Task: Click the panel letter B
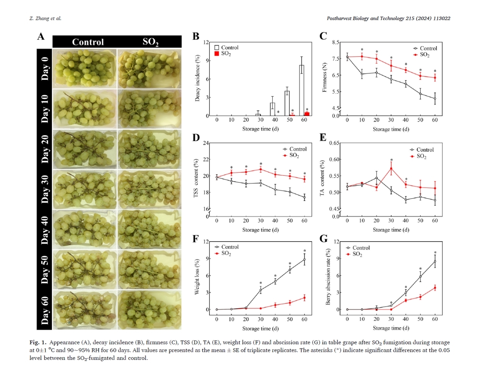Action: [196, 36]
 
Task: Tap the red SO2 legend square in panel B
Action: [217, 54]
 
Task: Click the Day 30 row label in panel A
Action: [45, 189]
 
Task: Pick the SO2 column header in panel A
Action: [150, 42]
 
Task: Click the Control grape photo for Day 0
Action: [84, 69]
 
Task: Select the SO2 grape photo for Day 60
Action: [149, 309]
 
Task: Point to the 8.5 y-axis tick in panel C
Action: [336, 42]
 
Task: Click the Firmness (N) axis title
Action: [324, 77]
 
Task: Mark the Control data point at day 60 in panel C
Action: [435, 98]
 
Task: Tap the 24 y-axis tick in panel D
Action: [206, 143]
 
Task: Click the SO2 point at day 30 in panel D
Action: [261, 169]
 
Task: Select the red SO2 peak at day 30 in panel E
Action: [391, 168]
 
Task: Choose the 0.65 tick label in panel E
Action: [334, 143]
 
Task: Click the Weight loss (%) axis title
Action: [197, 277]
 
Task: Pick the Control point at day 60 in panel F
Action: [304, 259]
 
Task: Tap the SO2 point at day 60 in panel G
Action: [435, 288]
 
